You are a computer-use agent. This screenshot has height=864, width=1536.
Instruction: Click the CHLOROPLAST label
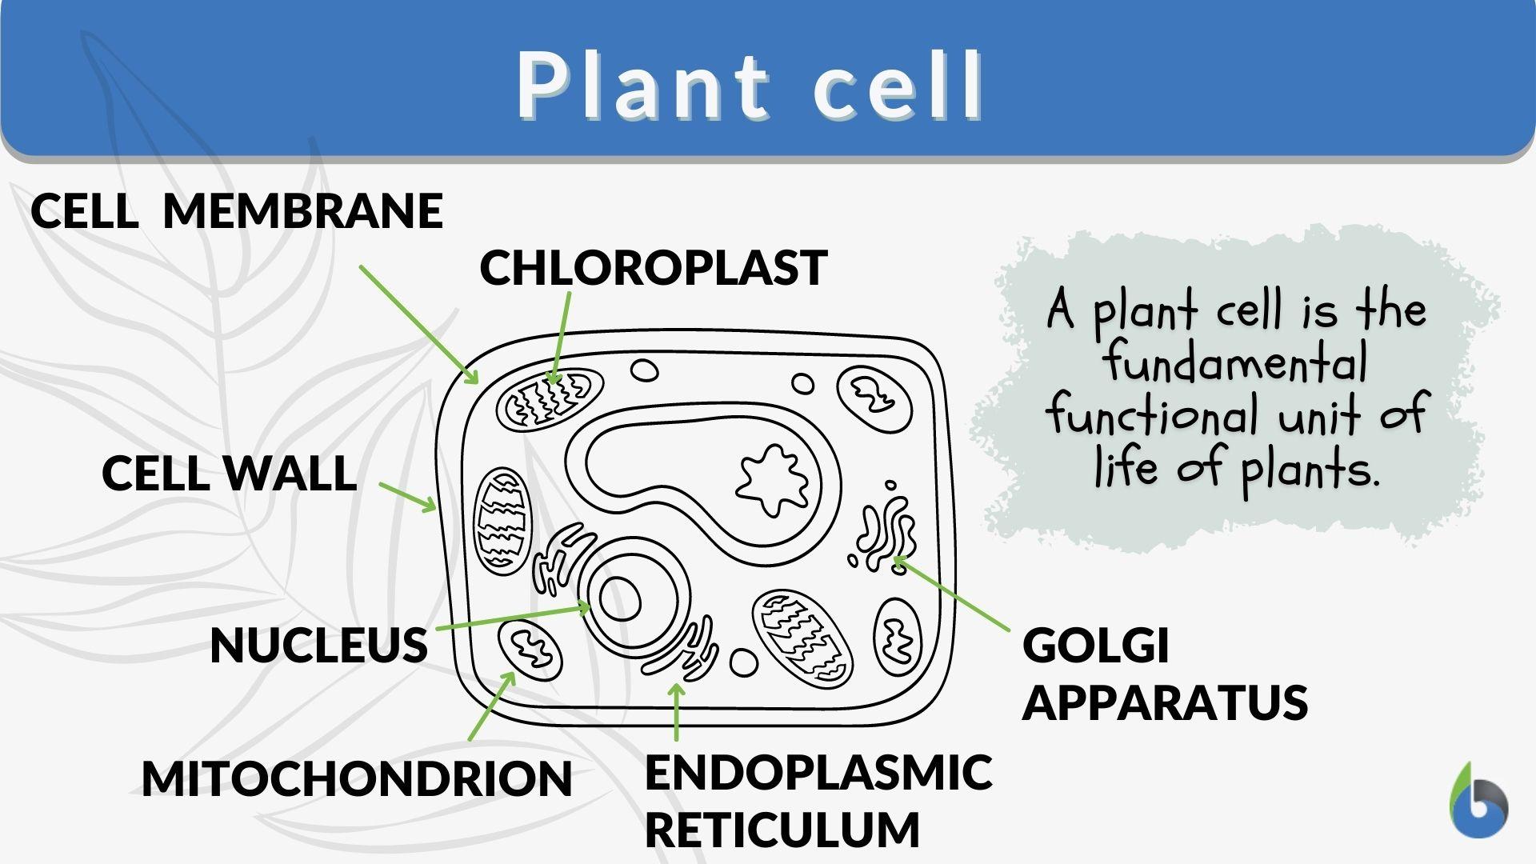coord(653,267)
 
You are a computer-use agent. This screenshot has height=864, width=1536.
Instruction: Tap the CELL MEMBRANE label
coord(236,211)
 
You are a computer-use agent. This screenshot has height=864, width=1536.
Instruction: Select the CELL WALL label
coord(229,473)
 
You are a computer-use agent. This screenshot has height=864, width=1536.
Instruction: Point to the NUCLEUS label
coord(318,645)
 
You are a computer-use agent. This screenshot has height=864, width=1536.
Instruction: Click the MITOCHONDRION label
coord(357,778)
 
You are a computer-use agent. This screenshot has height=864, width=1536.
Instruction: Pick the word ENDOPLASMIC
coord(818,772)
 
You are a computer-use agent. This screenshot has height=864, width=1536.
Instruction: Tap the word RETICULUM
coord(782,830)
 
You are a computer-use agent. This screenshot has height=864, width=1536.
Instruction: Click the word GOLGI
coord(1095,645)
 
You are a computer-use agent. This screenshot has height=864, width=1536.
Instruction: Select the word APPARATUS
coord(1164,702)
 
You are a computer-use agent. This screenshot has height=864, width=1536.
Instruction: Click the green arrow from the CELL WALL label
coord(407,496)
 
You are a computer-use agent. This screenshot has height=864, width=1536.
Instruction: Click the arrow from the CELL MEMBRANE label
coord(418,324)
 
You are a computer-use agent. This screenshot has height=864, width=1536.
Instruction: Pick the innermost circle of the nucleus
coord(620,599)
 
